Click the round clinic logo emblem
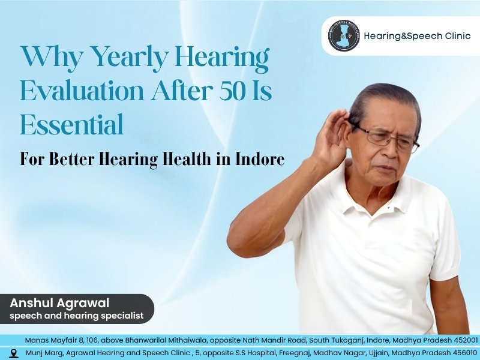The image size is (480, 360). (344, 36)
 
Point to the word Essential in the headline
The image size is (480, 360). (71, 125)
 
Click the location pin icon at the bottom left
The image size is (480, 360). (14, 353)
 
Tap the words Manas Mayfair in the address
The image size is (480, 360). (50, 340)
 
